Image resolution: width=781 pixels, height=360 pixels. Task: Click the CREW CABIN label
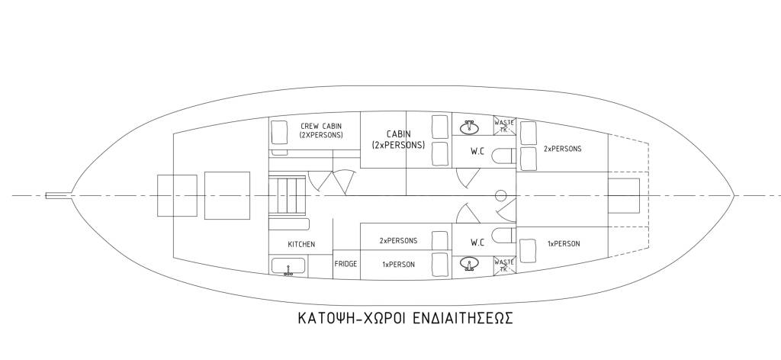point(310,130)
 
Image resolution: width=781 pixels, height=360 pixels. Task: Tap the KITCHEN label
point(301,245)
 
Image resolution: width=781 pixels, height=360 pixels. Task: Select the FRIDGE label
point(346,264)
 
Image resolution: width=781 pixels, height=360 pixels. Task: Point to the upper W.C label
point(477,151)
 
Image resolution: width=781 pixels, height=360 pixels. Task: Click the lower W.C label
point(477,243)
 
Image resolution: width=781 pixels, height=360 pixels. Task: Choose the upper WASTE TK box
point(504,126)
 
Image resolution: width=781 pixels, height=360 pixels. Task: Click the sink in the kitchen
point(288,267)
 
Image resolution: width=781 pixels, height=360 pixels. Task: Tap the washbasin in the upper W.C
point(469,127)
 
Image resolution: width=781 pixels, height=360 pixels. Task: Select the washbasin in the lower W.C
point(470,264)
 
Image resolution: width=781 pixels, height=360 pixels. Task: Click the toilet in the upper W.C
point(503,156)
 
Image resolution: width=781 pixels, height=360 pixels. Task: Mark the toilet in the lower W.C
point(503,235)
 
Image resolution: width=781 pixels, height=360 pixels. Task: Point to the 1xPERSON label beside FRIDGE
point(397,265)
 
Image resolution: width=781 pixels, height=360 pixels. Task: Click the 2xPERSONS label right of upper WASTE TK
point(563,149)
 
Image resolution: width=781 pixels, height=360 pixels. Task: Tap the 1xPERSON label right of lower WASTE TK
point(564,244)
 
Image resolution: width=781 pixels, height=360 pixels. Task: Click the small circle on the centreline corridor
point(501,195)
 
